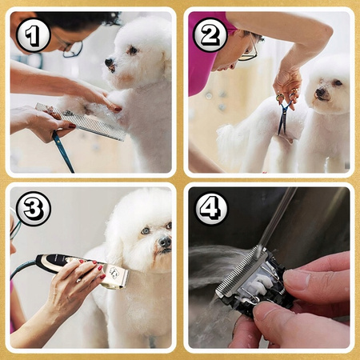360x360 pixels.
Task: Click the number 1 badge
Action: tap(33, 35)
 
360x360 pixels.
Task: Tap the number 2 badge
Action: tap(210, 34)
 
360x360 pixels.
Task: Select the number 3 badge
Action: tap(33, 209)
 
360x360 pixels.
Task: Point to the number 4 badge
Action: tap(210, 209)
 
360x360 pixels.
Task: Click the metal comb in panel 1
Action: tap(82, 122)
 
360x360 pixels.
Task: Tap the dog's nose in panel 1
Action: tap(110, 63)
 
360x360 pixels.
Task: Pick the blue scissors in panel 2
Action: tap(286, 113)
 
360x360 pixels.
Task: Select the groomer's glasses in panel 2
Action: tap(250, 50)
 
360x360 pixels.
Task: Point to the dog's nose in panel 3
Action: tap(165, 242)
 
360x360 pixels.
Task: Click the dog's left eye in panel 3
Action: tap(145, 230)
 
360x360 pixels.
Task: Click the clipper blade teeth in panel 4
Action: tap(241, 270)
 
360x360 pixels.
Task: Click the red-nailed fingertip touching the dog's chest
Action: tap(117, 109)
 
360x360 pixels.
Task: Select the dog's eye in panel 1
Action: tap(133, 50)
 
